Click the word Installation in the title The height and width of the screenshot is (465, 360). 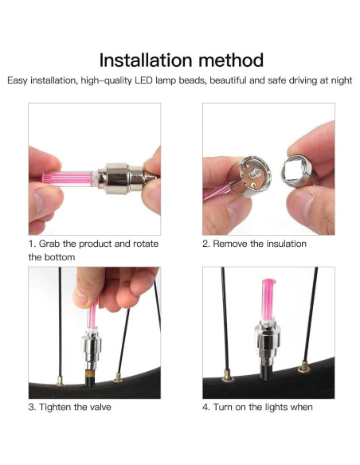coord(146,61)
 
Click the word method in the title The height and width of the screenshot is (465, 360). coord(231,61)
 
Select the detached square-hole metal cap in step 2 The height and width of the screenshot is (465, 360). coord(297,172)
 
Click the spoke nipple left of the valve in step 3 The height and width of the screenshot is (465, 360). coord(60,380)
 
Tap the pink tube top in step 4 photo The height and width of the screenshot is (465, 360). coord(268,282)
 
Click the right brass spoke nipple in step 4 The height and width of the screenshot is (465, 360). coord(304,366)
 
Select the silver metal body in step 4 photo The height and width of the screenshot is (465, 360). coord(268,342)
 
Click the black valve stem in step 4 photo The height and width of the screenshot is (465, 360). coord(266,372)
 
